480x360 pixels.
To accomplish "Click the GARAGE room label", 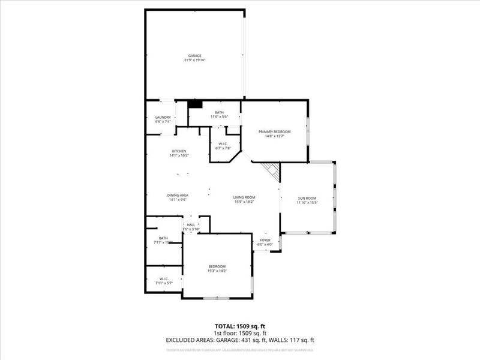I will click(194, 56).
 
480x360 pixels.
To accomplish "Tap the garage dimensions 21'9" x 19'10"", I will click(194, 61).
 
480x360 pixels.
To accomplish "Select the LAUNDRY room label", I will click(163, 117).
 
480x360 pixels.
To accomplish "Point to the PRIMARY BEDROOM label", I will click(274, 131).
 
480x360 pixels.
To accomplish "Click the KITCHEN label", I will click(179, 151).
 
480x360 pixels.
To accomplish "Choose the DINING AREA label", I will click(178, 195).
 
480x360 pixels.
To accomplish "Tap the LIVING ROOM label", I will click(245, 197).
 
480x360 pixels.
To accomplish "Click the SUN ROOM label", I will click(307, 198).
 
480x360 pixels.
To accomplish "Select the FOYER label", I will click(265, 240).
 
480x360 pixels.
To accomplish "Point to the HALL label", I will click(191, 225).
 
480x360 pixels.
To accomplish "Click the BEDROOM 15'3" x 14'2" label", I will click(217, 266).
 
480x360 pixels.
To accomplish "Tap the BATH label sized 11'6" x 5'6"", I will click(219, 112).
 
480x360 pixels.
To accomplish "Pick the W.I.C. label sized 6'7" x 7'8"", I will click(221, 143).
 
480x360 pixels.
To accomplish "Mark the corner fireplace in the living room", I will click(274, 173).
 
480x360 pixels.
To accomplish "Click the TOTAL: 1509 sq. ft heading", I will click(240, 326).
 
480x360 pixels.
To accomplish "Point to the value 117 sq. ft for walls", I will click(302, 340).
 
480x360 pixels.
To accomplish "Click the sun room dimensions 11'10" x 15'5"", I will click(307, 203).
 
